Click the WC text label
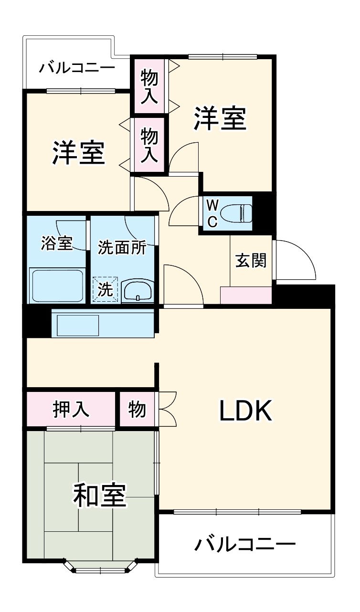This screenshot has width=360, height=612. (x=212, y=213)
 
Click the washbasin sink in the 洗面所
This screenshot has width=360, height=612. (x=138, y=291)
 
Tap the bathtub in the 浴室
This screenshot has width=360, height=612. (x=57, y=285)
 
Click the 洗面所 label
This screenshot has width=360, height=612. (x=122, y=247)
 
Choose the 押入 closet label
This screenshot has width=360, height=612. (x=71, y=409)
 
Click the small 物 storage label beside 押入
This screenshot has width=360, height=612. (x=137, y=409)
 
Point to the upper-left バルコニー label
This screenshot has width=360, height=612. (x=77, y=67)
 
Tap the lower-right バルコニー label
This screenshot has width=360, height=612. (x=245, y=544)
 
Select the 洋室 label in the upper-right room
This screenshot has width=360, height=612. (x=219, y=118)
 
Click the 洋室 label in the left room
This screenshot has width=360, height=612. (x=78, y=153)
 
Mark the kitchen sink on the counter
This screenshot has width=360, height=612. (x=78, y=326)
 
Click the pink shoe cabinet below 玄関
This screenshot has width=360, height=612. (x=246, y=295)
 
